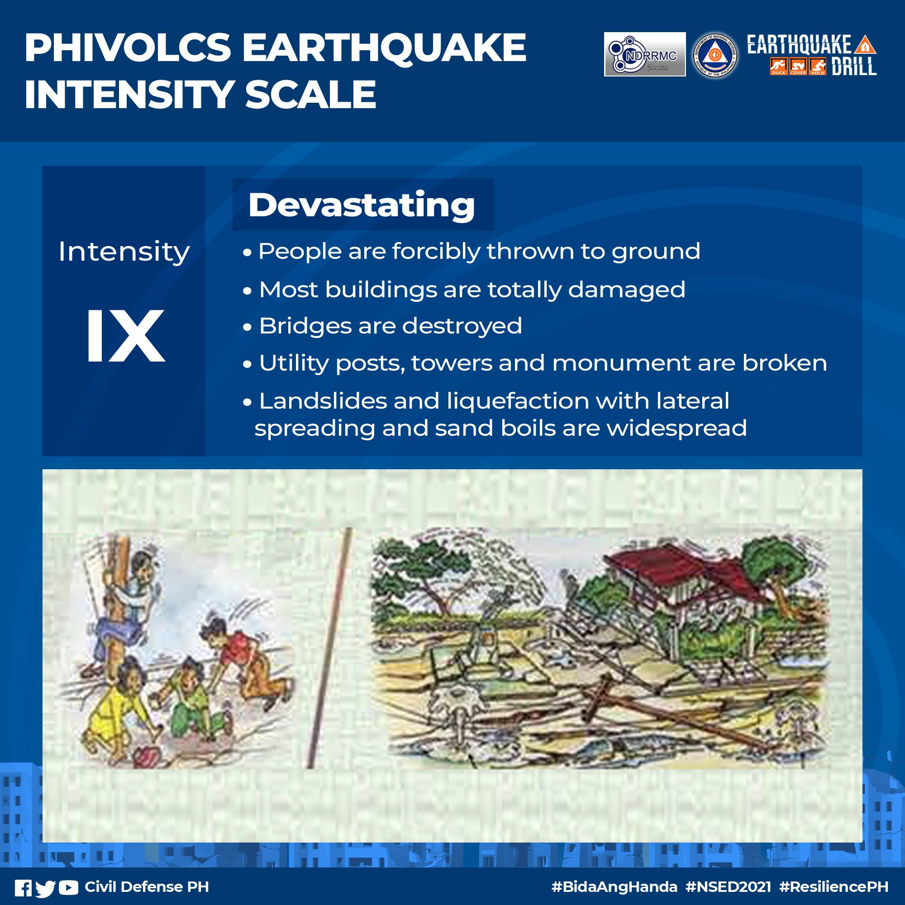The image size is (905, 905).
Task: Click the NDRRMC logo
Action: click(x=644, y=54)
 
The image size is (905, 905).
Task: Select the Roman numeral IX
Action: click(x=125, y=336)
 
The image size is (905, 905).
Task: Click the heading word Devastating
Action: click(x=361, y=205)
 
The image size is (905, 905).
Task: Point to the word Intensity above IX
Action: click(x=124, y=252)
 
